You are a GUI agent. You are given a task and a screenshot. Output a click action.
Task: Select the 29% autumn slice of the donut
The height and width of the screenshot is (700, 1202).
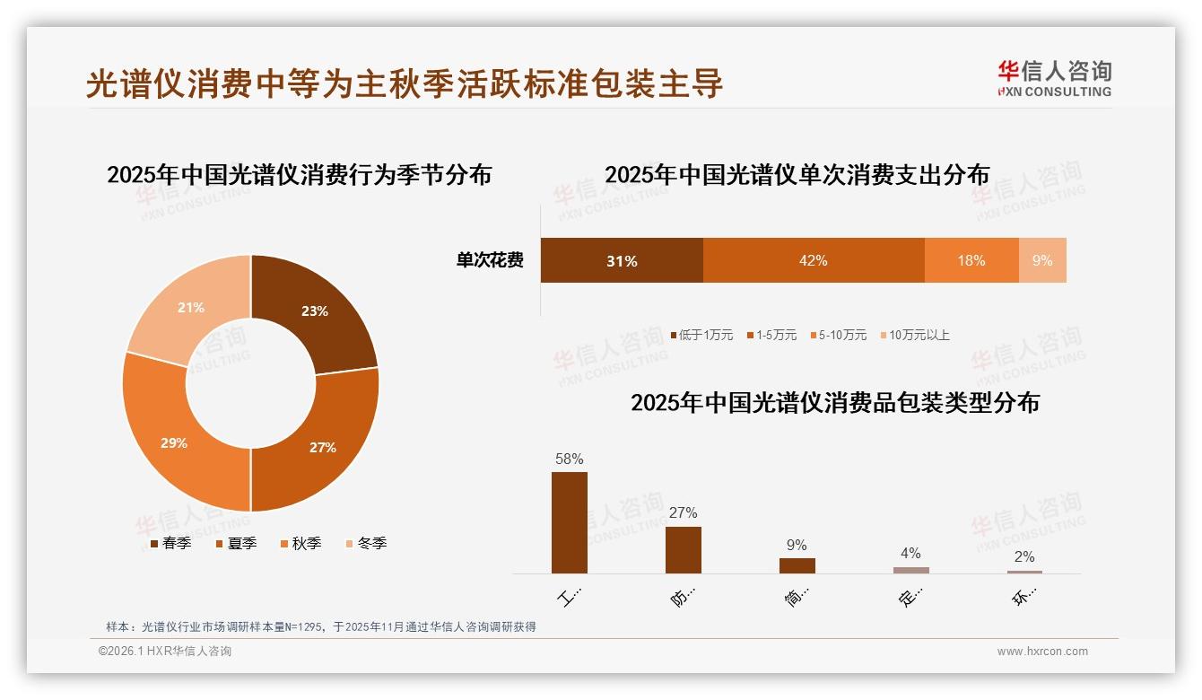[175, 442]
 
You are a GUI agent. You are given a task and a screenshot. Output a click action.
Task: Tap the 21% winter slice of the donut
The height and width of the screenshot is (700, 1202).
[190, 308]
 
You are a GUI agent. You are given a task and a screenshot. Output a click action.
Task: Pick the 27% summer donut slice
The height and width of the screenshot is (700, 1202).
[323, 446]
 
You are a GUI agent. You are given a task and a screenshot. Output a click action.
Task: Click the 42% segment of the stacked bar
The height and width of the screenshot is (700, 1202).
[814, 260]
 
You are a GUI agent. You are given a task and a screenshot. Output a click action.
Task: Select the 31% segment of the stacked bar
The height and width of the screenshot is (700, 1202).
[622, 260]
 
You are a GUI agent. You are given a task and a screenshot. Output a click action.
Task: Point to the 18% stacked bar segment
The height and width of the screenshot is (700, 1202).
[971, 260]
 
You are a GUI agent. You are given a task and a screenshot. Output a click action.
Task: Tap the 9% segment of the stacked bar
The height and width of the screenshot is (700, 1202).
[1042, 260]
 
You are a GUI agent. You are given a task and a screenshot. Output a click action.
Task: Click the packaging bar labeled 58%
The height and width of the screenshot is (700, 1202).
[570, 522]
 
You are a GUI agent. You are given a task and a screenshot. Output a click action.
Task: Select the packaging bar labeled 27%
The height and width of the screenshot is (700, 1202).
[684, 549]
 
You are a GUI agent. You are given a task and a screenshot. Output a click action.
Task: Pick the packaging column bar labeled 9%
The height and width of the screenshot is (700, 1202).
[797, 565]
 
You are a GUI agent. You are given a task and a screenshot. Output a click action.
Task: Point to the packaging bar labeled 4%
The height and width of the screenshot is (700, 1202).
[911, 570]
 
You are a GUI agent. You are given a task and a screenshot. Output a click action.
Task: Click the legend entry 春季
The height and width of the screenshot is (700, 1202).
[170, 543]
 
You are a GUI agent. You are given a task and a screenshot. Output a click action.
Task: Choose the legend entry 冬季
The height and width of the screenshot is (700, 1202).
[365, 543]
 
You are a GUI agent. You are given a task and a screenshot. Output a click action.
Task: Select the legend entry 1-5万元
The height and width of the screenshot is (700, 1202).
[771, 335]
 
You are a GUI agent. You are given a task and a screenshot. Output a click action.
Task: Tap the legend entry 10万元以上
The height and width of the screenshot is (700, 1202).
[914, 335]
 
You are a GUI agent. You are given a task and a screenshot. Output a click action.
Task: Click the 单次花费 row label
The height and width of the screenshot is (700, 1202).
[490, 260]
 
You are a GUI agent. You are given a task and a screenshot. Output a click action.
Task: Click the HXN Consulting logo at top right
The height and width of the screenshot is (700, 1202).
[1054, 78]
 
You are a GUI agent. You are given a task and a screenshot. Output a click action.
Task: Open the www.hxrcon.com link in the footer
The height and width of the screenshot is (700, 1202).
[1042, 652]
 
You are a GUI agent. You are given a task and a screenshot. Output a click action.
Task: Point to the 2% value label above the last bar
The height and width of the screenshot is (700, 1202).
[1024, 556]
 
